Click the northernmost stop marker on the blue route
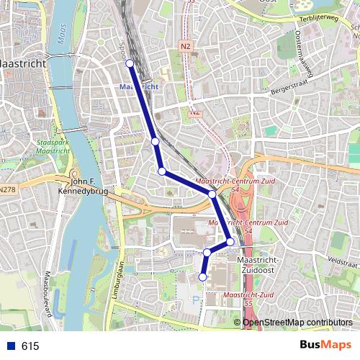tap(130, 64)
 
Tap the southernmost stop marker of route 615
tap(203, 276)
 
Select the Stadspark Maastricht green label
tap(51, 148)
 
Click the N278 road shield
tap(6, 190)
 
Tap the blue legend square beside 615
tap(10, 346)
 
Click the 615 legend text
tap(30, 346)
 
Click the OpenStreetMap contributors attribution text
tap(298, 322)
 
